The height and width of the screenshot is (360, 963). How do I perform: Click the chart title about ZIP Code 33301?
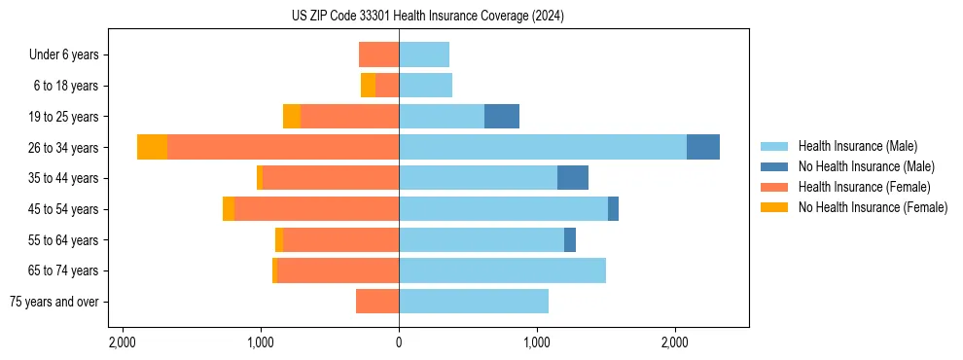(x=427, y=17)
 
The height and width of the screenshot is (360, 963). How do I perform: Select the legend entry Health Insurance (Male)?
(x=856, y=146)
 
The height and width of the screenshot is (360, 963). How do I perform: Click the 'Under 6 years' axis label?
(x=64, y=54)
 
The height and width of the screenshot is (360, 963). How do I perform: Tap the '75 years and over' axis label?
(x=53, y=302)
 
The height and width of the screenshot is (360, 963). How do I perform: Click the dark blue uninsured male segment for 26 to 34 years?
(x=703, y=147)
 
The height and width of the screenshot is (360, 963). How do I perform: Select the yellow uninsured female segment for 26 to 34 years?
(x=152, y=147)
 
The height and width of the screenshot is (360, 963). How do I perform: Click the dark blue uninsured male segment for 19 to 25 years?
(x=502, y=117)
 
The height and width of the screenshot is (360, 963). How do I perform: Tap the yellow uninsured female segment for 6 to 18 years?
(x=368, y=86)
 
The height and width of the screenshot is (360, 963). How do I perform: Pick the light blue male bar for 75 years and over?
(x=474, y=302)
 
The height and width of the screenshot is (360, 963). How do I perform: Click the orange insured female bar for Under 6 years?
(x=378, y=54)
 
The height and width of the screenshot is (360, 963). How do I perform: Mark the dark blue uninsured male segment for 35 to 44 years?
(x=573, y=178)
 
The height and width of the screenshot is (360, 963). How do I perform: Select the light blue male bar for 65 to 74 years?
(x=502, y=270)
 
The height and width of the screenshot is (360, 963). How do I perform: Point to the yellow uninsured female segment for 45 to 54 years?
(x=229, y=209)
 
